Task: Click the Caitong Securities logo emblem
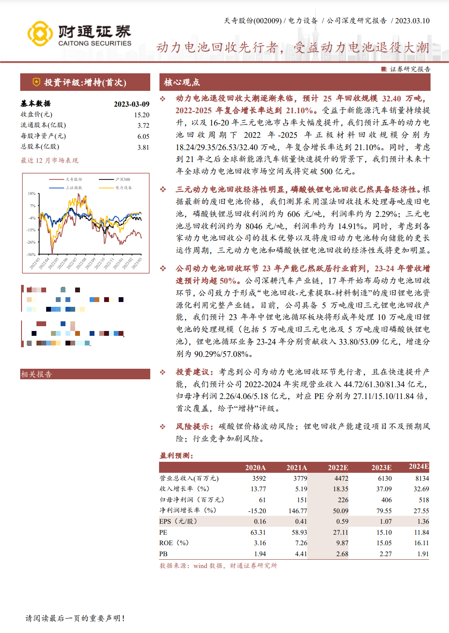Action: click(40, 33)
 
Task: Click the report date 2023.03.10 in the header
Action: click(412, 21)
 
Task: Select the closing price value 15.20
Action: click(141, 115)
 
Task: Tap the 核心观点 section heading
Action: click(182, 82)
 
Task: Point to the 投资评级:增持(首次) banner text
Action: click(85, 83)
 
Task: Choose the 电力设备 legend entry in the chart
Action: click(123, 188)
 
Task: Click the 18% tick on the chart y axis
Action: click(32, 194)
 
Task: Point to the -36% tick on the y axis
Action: click(31, 255)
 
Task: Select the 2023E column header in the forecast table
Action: click(381, 468)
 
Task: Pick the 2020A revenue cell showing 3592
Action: click(259, 478)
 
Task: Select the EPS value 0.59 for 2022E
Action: click(342, 522)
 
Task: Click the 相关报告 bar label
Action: click(36, 374)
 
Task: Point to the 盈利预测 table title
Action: click(177, 455)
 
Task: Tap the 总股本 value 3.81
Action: click(143, 147)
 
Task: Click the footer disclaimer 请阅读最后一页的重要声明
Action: click(75, 618)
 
